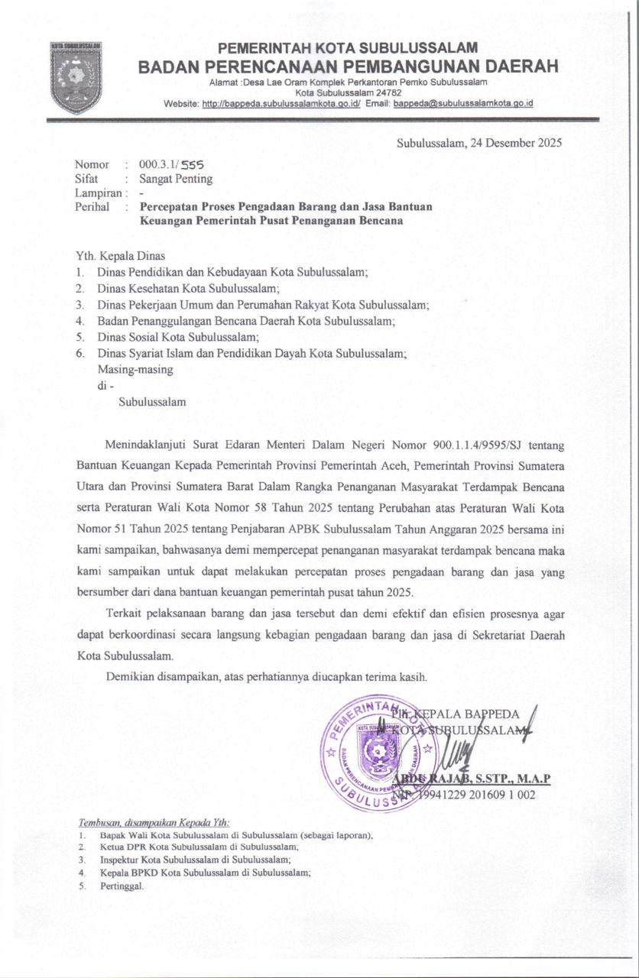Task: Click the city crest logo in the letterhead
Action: pos(75,76)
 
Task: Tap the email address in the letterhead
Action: pos(462,103)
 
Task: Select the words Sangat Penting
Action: pos(176,179)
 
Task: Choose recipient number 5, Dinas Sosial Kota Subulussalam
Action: pos(178,337)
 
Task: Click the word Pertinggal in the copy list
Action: pos(122,886)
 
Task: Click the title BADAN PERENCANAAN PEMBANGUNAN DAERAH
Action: pos(349,67)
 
